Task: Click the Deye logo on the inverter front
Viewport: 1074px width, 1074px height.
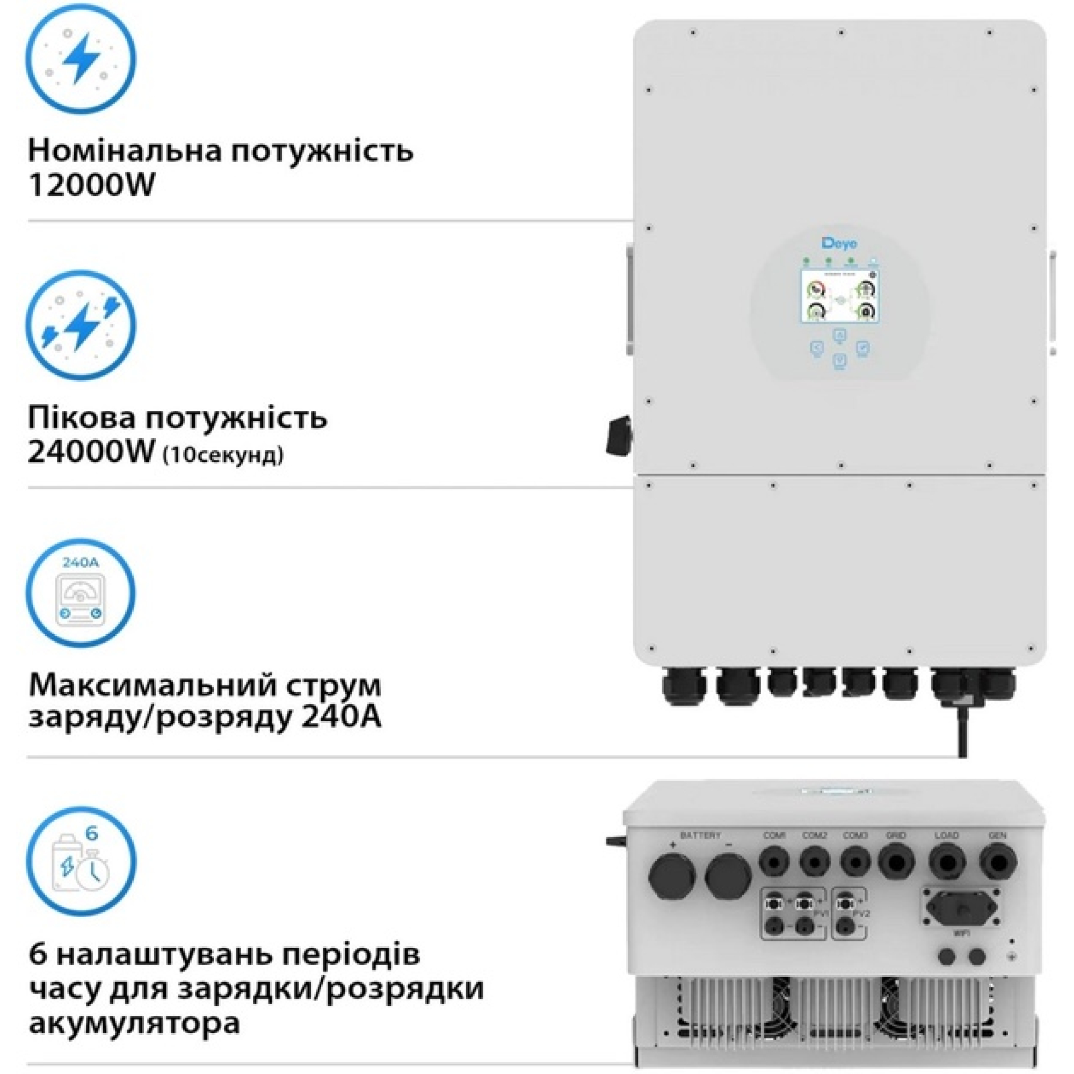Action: [x=839, y=243]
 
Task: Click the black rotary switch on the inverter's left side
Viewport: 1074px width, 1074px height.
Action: [x=619, y=436]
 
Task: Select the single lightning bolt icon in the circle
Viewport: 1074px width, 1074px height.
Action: [x=81, y=59]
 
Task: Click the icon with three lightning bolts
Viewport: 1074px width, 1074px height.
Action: [x=81, y=326]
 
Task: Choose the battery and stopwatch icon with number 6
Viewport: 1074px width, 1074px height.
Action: [x=81, y=862]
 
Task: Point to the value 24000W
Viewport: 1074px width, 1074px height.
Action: [x=91, y=452]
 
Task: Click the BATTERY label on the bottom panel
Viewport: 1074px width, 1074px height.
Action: [x=700, y=835]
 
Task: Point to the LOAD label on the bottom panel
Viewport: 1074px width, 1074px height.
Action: [x=947, y=835]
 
